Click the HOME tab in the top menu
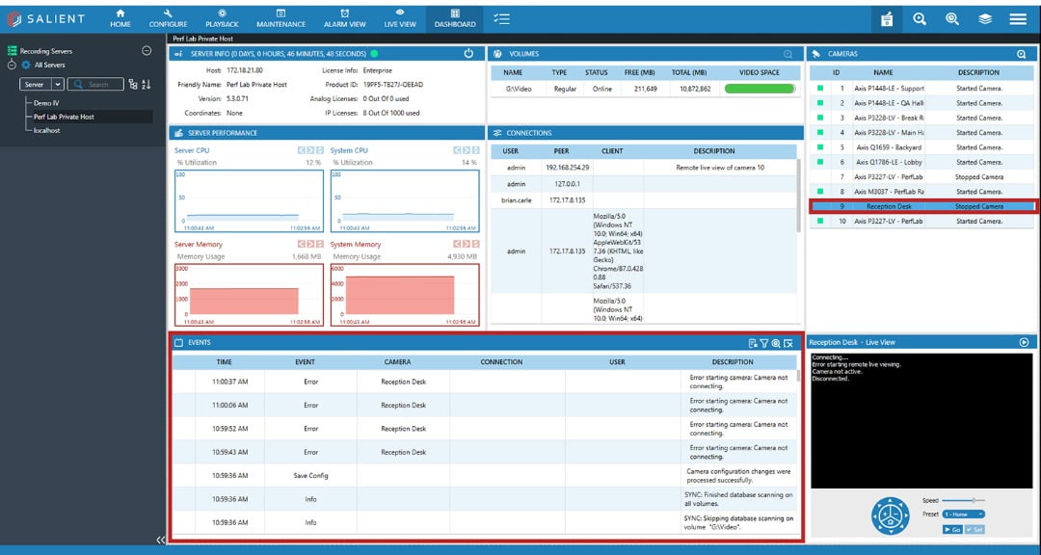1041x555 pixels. pyautogui.click(x=120, y=18)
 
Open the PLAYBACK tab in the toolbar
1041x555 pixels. pyautogui.click(x=222, y=18)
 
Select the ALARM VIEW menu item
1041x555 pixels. pyautogui.click(x=344, y=18)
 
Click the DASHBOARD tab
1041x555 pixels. pyautogui.click(x=455, y=18)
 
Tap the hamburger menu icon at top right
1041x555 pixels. pyautogui.click(x=1018, y=19)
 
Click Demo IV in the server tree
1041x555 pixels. pyautogui.click(x=46, y=103)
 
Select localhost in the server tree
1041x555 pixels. pyautogui.click(x=46, y=130)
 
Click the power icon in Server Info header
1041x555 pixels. pyautogui.click(x=468, y=54)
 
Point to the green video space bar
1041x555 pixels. pyautogui.click(x=760, y=89)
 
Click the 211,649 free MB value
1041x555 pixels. pyautogui.click(x=645, y=89)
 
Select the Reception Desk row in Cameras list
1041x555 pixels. pyautogui.click(x=889, y=206)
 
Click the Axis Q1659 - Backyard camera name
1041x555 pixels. pyautogui.click(x=889, y=147)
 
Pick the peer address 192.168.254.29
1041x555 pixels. pyautogui.click(x=567, y=168)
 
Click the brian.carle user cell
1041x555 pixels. pyautogui.click(x=516, y=200)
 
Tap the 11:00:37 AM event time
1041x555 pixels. pyautogui.click(x=230, y=382)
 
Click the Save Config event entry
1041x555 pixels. pyautogui.click(x=310, y=476)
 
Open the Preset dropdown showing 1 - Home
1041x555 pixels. pyautogui.click(x=964, y=515)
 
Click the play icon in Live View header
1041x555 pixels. pyautogui.click(x=1024, y=342)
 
